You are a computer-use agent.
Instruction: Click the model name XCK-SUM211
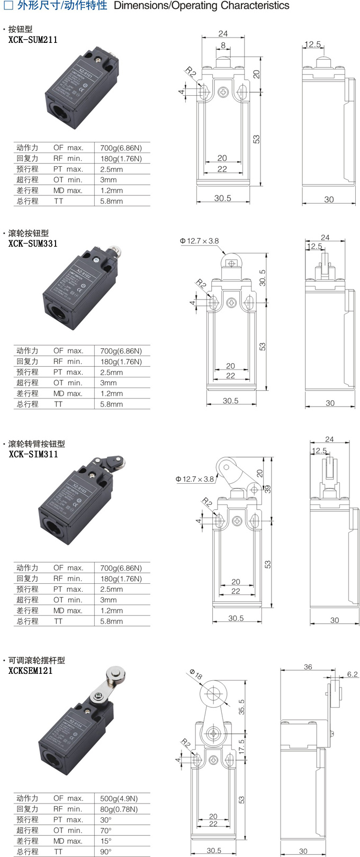[33, 40]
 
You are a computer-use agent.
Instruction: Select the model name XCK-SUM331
[33, 243]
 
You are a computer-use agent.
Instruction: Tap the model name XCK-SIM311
[33, 454]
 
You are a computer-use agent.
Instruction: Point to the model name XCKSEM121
[31, 671]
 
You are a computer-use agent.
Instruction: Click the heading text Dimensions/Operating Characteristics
[202, 6]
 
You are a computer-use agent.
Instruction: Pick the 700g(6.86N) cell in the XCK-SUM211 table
[121, 148]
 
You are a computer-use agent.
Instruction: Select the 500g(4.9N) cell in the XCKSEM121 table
[119, 798]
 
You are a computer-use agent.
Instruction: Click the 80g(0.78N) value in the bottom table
[119, 809]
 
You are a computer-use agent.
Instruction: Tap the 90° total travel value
[106, 852]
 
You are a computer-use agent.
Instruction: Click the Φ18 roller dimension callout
[195, 675]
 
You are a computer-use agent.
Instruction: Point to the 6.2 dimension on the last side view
[352, 674]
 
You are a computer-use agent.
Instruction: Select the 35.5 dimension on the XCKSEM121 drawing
[241, 707]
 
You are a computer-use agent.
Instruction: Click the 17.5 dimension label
[241, 747]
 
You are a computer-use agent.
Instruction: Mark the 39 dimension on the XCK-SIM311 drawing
[267, 489]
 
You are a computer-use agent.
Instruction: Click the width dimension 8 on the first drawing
[223, 46]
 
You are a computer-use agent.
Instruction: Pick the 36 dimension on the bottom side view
[308, 667]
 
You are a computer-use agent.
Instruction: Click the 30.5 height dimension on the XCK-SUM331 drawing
[263, 278]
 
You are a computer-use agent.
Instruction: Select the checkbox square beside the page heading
[8, 6]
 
